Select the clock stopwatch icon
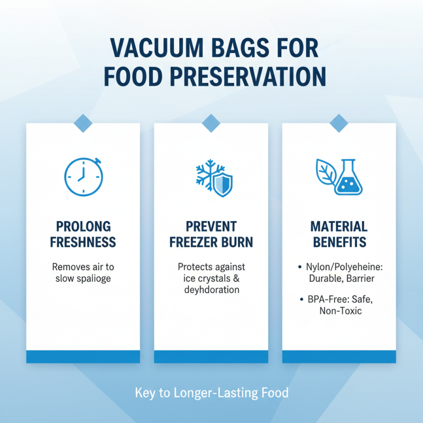tap(83, 176)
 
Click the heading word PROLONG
tap(83, 227)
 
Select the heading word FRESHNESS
tap(83, 243)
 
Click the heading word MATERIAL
tap(339, 227)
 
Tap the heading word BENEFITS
tap(339, 243)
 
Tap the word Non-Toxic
tap(340, 311)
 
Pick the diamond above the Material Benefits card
tap(339, 123)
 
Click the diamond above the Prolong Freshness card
tap(83, 123)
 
